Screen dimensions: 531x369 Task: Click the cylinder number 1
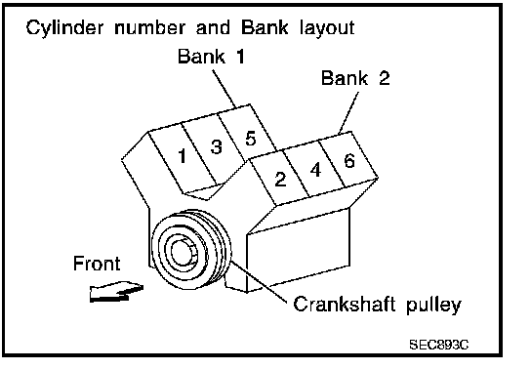tap(183, 156)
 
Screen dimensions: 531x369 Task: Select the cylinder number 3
tap(217, 147)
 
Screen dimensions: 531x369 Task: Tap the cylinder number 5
tap(250, 138)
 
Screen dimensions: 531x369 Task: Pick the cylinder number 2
tap(280, 179)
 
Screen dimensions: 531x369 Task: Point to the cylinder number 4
tap(315, 170)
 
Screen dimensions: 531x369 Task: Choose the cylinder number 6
tap(349, 160)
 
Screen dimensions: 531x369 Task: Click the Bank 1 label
tap(211, 56)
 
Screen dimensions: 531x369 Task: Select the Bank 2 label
tap(355, 78)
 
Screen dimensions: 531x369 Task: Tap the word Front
tap(97, 263)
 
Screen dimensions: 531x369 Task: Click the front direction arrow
tap(116, 292)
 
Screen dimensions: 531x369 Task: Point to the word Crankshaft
tap(344, 304)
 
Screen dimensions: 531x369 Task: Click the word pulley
tap(433, 305)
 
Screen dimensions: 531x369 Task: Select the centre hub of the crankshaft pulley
tap(183, 252)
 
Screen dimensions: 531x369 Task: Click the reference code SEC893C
tap(439, 345)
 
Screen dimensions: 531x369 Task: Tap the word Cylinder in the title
tap(64, 27)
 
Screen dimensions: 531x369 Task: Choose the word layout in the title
tap(327, 27)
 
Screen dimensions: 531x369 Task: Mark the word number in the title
tap(150, 27)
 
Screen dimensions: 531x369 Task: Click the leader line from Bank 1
tap(225, 89)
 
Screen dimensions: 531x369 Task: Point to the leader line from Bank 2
tap(348, 112)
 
